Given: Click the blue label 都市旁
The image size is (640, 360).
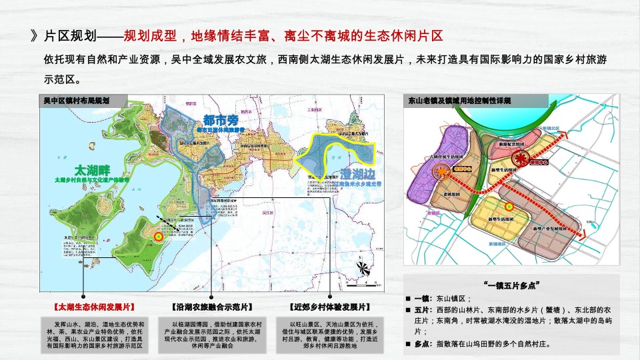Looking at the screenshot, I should tap(220, 120).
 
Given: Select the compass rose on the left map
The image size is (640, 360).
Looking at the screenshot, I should tap(363, 268).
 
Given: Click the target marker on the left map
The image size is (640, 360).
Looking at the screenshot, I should tap(159, 235).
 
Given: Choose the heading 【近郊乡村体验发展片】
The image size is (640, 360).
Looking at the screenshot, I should tap(330, 307).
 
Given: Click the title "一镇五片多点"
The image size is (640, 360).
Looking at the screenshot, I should tap(513, 285).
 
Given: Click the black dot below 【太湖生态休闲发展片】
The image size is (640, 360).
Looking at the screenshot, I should tap(84, 295).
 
